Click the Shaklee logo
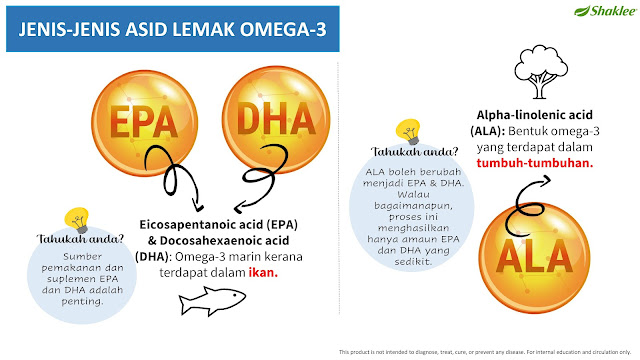605,11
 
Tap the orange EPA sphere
144,123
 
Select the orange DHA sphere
276,120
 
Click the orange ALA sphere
534,258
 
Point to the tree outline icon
541,72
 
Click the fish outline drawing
212,301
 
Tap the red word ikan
263,272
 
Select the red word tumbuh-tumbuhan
535,163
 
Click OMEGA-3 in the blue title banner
283,29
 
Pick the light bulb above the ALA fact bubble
408,131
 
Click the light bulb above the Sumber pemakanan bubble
77,220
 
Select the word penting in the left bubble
82,302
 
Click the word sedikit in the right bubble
413,262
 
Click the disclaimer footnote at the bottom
485,352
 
